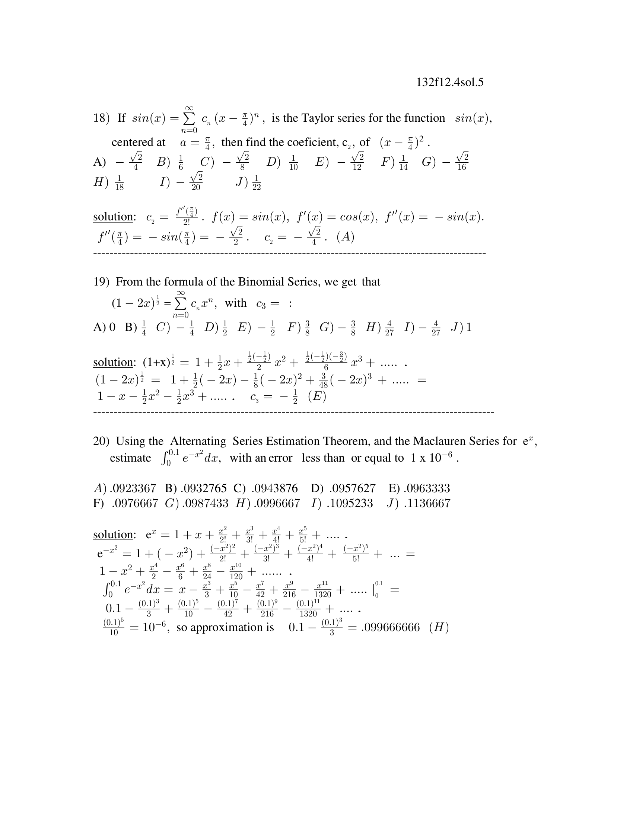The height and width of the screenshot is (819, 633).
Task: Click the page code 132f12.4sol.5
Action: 450,83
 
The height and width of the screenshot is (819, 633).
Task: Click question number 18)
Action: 101,118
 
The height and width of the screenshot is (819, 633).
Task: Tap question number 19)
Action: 101,282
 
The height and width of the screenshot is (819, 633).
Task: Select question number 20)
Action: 101,441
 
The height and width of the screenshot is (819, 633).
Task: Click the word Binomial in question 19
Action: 261,282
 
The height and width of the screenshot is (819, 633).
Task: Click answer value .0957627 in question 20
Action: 353,488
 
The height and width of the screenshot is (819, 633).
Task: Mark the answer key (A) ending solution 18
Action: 346,237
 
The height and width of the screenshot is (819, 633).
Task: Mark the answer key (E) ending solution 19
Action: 317,396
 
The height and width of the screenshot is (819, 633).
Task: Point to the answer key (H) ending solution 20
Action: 439,627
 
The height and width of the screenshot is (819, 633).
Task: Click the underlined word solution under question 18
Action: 113,217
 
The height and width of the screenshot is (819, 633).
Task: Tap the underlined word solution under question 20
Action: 113,534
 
